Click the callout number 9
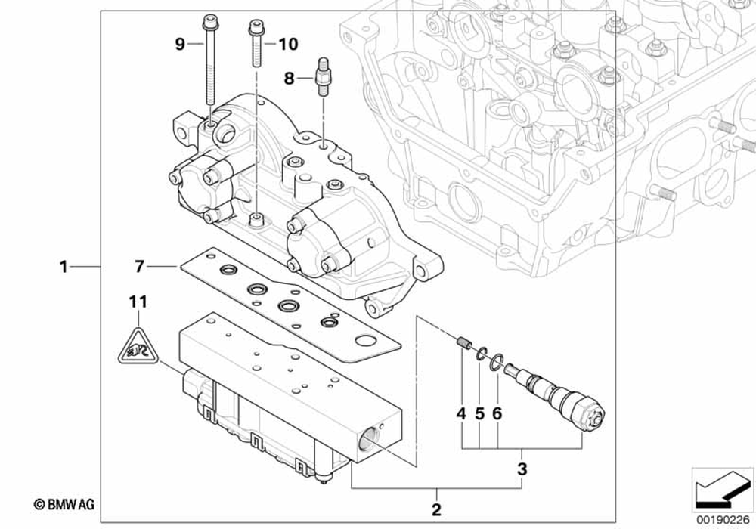click(180, 45)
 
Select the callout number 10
click(288, 45)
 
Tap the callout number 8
click(289, 77)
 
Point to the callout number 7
click(138, 266)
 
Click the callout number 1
click(64, 266)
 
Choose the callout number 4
click(460, 413)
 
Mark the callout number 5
click(479, 413)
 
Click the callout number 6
click(497, 413)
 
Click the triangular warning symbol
click(138, 348)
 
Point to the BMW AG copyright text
click(64, 504)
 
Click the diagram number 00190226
click(722, 518)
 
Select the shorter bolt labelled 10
click(255, 46)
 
